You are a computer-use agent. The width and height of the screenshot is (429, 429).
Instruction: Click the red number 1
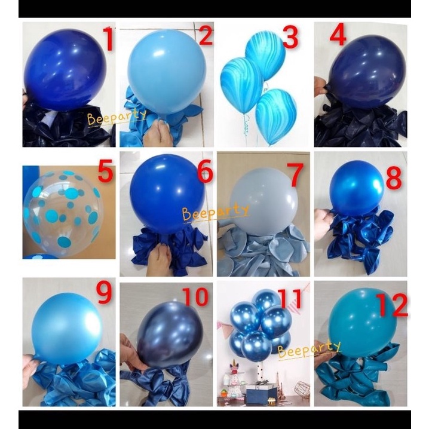108,41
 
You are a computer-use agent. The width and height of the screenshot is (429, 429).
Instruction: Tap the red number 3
290,37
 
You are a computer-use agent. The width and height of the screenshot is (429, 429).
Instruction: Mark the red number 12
391,305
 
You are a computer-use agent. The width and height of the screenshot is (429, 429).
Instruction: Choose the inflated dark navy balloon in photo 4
358,71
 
